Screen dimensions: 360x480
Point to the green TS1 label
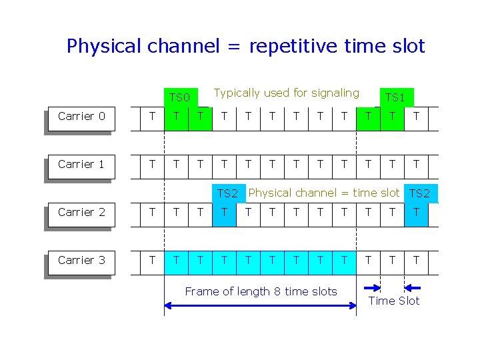395,97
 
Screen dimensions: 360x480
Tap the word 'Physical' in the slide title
104,46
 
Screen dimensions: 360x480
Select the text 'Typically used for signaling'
286,93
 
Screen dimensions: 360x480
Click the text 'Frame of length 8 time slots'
261,291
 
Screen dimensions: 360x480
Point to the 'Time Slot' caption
394,301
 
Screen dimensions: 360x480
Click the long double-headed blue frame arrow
260,305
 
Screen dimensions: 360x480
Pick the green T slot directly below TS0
177,116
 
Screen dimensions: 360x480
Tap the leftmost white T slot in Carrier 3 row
153,260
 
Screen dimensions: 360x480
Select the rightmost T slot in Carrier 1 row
417,164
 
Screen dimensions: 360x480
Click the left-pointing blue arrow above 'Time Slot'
413,288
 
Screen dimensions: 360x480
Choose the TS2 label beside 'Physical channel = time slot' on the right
420,193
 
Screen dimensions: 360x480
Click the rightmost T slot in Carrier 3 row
417,260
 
